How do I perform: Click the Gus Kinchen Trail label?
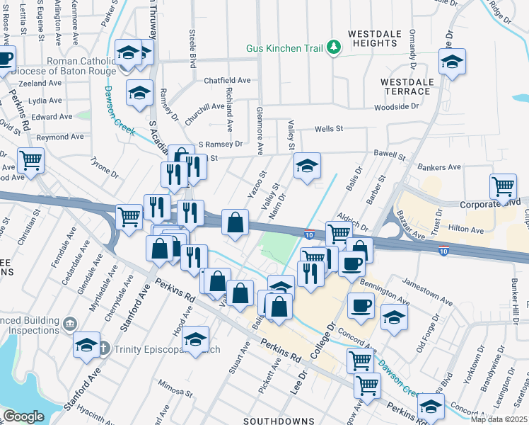tap(284, 49)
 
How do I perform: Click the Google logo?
tap(23, 416)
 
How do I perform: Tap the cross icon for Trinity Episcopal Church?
tap(103, 348)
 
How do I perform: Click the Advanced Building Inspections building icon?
tap(69, 324)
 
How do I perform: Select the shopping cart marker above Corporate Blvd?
tap(503, 187)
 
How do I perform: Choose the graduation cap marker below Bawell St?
tap(307, 166)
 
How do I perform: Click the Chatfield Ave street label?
tap(228, 81)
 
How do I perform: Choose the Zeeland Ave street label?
tap(40, 84)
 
